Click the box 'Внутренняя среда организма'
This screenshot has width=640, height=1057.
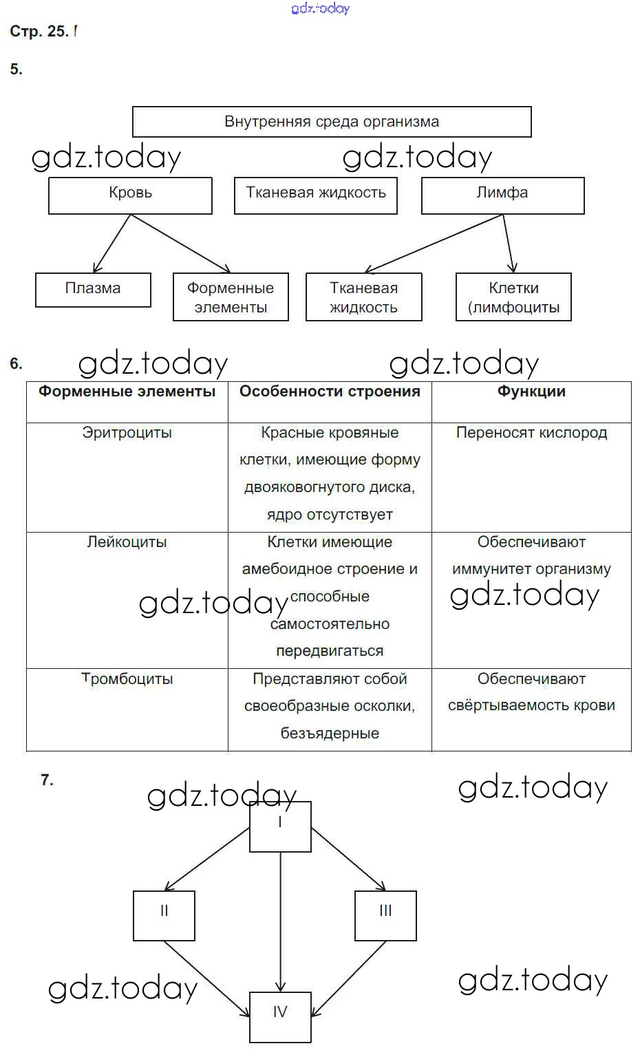click(x=331, y=122)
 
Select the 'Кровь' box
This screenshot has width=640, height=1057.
click(x=130, y=195)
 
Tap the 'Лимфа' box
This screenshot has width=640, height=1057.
click(x=502, y=195)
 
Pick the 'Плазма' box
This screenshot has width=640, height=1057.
click(x=93, y=290)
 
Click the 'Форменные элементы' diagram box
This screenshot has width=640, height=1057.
click(x=231, y=297)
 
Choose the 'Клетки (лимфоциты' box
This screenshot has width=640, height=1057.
click(x=513, y=297)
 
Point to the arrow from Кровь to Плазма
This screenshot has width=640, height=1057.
click(x=111, y=244)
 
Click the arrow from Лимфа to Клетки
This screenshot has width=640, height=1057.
click(x=508, y=244)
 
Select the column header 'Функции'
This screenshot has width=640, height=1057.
click(x=531, y=392)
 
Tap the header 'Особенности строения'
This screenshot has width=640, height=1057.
click(x=330, y=392)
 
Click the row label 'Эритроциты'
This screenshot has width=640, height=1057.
click(x=127, y=433)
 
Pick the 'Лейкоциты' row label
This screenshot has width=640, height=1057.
click(x=127, y=542)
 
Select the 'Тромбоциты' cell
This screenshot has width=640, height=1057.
click(x=127, y=679)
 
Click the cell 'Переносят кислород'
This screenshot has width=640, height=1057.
click(x=531, y=433)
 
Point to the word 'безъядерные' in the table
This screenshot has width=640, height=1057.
click(x=330, y=734)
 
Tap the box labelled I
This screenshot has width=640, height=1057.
click(x=280, y=826)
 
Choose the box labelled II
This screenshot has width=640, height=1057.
click(x=164, y=915)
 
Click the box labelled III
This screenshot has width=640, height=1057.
click(x=385, y=915)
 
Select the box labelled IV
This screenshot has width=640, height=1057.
click(x=280, y=1016)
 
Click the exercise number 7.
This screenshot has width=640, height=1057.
click(x=47, y=780)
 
